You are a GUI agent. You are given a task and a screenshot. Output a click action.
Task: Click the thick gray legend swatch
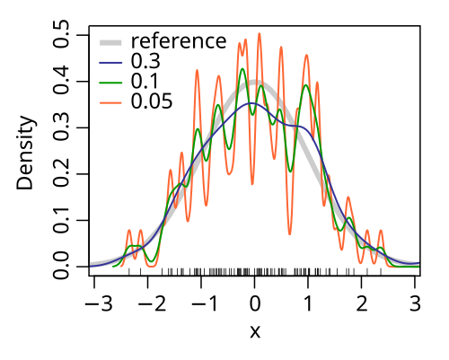(x=110, y=42)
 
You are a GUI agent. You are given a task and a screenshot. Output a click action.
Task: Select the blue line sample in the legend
(x=110, y=63)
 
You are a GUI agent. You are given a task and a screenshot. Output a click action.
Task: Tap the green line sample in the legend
(x=110, y=83)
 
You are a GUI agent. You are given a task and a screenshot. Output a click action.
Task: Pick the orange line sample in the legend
(x=110, y=102)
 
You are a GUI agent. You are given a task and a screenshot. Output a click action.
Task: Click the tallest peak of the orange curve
(x=260, y=34)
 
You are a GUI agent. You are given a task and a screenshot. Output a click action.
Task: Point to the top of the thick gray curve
(x=255, y=83)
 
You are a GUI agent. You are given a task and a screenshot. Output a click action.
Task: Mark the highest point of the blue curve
(x=251, y=103)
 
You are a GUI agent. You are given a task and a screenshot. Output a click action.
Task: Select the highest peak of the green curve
(x=242, y=69)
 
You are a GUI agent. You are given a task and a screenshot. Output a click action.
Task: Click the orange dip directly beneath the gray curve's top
(x=252, y=183)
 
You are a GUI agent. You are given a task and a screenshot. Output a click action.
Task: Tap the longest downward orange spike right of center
(x=290, y=233)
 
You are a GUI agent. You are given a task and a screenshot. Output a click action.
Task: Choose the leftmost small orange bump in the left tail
(x=129, y=231)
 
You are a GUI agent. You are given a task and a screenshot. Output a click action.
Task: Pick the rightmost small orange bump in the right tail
(x=381, y=232)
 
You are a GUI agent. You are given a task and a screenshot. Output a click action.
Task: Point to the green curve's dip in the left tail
(x=151, y=264)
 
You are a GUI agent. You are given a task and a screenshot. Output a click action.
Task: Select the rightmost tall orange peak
(x=307, y=56)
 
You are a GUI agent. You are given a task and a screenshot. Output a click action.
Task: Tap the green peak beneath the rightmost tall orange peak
(x=307, y=86)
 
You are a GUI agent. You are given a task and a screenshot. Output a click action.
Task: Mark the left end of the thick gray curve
(x=92, y=264)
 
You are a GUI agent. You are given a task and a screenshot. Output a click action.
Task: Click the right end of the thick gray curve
(x=418, y=264)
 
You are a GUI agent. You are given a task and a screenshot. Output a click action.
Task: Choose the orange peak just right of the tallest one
(x=281, y=48)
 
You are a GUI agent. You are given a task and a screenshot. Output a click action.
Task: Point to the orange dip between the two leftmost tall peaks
(x=207, y=202)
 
